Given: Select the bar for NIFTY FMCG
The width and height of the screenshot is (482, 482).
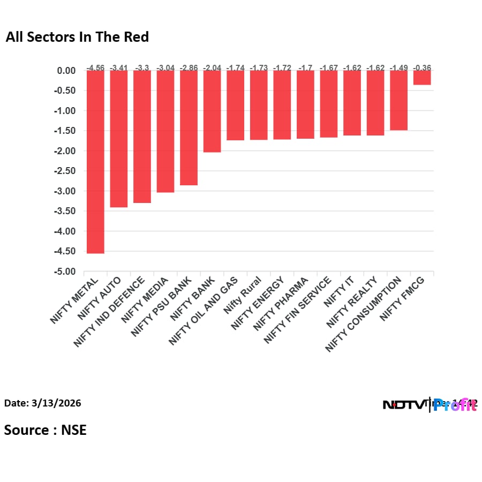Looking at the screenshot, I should tap(422, 78).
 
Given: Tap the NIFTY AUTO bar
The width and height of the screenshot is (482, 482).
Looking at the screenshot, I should tap(119, 139).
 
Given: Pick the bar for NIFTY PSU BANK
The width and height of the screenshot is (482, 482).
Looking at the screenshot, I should tap(189, 128).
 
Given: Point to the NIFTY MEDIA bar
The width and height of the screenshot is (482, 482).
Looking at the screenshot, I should tap(165, 131).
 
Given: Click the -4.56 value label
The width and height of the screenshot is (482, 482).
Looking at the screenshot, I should tap(95, 68).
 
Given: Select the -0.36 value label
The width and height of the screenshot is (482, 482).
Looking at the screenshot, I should tap(422, 68).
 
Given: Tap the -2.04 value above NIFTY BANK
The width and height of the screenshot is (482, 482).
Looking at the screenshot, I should tap(212, 68).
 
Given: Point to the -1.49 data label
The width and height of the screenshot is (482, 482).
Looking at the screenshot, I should tap(399, 68).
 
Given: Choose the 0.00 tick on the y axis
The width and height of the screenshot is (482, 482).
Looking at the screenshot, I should tap(67, 71).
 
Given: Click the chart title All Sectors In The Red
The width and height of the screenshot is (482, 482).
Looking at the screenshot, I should tap(77, 37).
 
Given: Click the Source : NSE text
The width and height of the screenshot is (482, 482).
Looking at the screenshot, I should tap(45, 430).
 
